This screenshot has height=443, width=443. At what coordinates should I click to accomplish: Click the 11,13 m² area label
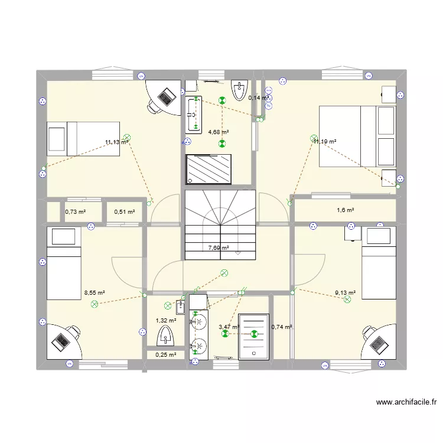click(x=117, y=142)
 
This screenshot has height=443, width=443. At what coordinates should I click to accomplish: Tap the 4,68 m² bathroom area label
click(x=218, y=133)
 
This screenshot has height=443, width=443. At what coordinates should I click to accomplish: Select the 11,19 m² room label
click(x=325, y=142)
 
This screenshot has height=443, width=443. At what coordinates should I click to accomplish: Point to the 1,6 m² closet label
click(x=346, y=210)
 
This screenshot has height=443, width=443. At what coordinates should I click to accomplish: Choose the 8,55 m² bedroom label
click(x=95, y=292)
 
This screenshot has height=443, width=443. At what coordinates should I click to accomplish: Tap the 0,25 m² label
click(x=165, y=355)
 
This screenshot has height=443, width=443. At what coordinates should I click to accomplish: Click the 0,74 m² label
click(x=282, y=327)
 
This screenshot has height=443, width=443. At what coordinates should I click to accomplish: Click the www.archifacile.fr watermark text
click(x=406, y=403)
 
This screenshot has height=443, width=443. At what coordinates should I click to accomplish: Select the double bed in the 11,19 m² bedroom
click(x=357, y=136)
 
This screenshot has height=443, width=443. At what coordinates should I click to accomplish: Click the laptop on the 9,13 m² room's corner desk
click(x=376, y=342)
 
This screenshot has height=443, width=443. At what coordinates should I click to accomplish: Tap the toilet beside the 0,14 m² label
click(x=239, y=90)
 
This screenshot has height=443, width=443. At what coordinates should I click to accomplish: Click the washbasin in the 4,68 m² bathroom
click(x=193, y=113)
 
